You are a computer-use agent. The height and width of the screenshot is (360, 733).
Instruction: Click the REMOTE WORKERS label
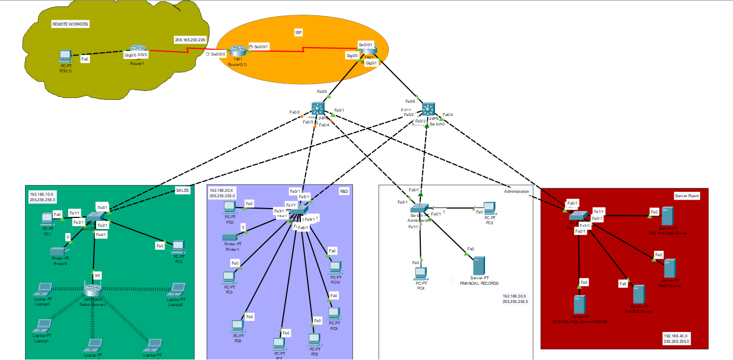[x=71, y=24]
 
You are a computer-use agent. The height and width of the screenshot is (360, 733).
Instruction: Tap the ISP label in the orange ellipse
[x=299, y=32]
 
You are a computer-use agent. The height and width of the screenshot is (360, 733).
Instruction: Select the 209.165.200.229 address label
[x=190, y=39]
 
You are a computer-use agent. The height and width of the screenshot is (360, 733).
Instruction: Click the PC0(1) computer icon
[x=64, y=56]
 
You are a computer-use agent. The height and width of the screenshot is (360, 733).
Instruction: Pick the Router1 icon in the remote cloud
[x=138, y=51]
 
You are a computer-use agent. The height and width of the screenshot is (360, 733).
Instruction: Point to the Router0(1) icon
[x=238, y=51]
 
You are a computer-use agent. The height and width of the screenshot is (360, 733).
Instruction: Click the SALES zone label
[x=182, y=190]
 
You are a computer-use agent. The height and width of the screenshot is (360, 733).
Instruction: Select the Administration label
[x=516, y=191]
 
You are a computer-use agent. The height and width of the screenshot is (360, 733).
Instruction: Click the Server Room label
[x=687, y=196]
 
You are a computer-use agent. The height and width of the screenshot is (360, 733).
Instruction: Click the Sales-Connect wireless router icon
[x=92, y=290]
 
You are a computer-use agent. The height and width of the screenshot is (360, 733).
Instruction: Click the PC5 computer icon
[x=489, y=209]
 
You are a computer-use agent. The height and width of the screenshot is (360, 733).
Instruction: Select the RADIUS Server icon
[x=638, y=294]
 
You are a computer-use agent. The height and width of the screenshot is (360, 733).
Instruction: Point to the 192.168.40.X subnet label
[x=677, y=338]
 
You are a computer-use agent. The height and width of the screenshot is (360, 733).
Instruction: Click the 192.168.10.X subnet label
[x=43, y=197]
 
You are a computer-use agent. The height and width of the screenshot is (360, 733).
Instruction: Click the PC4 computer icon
[x=421, y=273]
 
